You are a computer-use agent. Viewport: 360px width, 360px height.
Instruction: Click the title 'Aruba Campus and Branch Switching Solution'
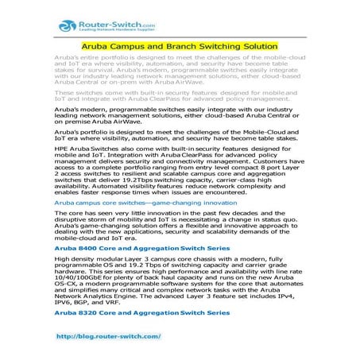[180, 48]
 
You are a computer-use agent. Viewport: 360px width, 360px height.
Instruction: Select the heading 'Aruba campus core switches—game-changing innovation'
[145, 203]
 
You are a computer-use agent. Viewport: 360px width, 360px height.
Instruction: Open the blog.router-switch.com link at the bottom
[114, 337]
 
